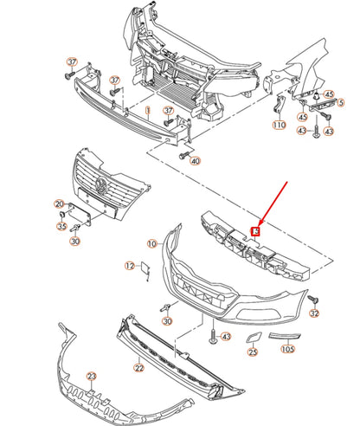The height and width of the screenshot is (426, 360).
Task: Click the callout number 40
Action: coord(195,162)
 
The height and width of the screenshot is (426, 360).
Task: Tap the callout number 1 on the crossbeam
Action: coord(148,111)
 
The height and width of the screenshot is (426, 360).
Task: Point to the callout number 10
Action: coord(151,244)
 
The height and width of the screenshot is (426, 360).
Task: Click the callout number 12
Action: coord(129,266)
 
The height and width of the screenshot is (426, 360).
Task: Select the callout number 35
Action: coord(61,227)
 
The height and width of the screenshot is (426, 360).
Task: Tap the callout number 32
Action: coord(315,313)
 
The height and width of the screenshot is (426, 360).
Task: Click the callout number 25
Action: coord(253,352)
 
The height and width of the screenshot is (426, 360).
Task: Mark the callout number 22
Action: coord(138,368)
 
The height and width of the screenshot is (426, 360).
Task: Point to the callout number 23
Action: coord(92,377)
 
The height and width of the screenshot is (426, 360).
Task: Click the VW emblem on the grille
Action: coord(101,186)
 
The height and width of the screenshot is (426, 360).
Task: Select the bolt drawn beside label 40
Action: coord(183,155)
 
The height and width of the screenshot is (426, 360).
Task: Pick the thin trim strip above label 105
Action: coord(283,337)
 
